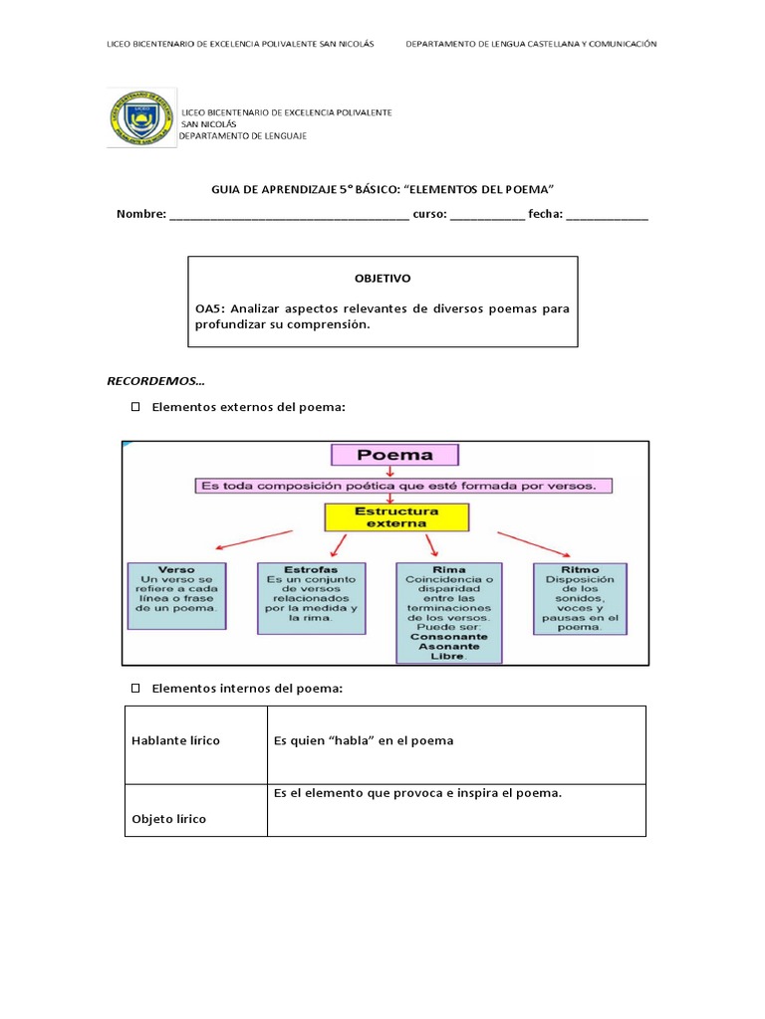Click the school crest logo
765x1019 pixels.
(141, 118)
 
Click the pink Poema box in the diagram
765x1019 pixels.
(394, 456)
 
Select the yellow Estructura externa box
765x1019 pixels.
(395, 516)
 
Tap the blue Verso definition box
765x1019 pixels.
(177, 595)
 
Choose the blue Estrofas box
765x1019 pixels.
(311, 597)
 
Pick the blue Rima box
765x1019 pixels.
(449, 612)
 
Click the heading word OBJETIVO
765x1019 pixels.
(382, 279)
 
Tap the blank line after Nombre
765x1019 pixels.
(289, 215)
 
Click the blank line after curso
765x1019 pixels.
(487, 215)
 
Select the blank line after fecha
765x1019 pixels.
(607, 215)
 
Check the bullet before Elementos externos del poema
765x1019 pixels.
(135, 407)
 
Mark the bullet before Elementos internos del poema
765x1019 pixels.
(135, 689)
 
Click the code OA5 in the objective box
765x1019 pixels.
(209, 308)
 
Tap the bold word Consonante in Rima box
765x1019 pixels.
(449, 635)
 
